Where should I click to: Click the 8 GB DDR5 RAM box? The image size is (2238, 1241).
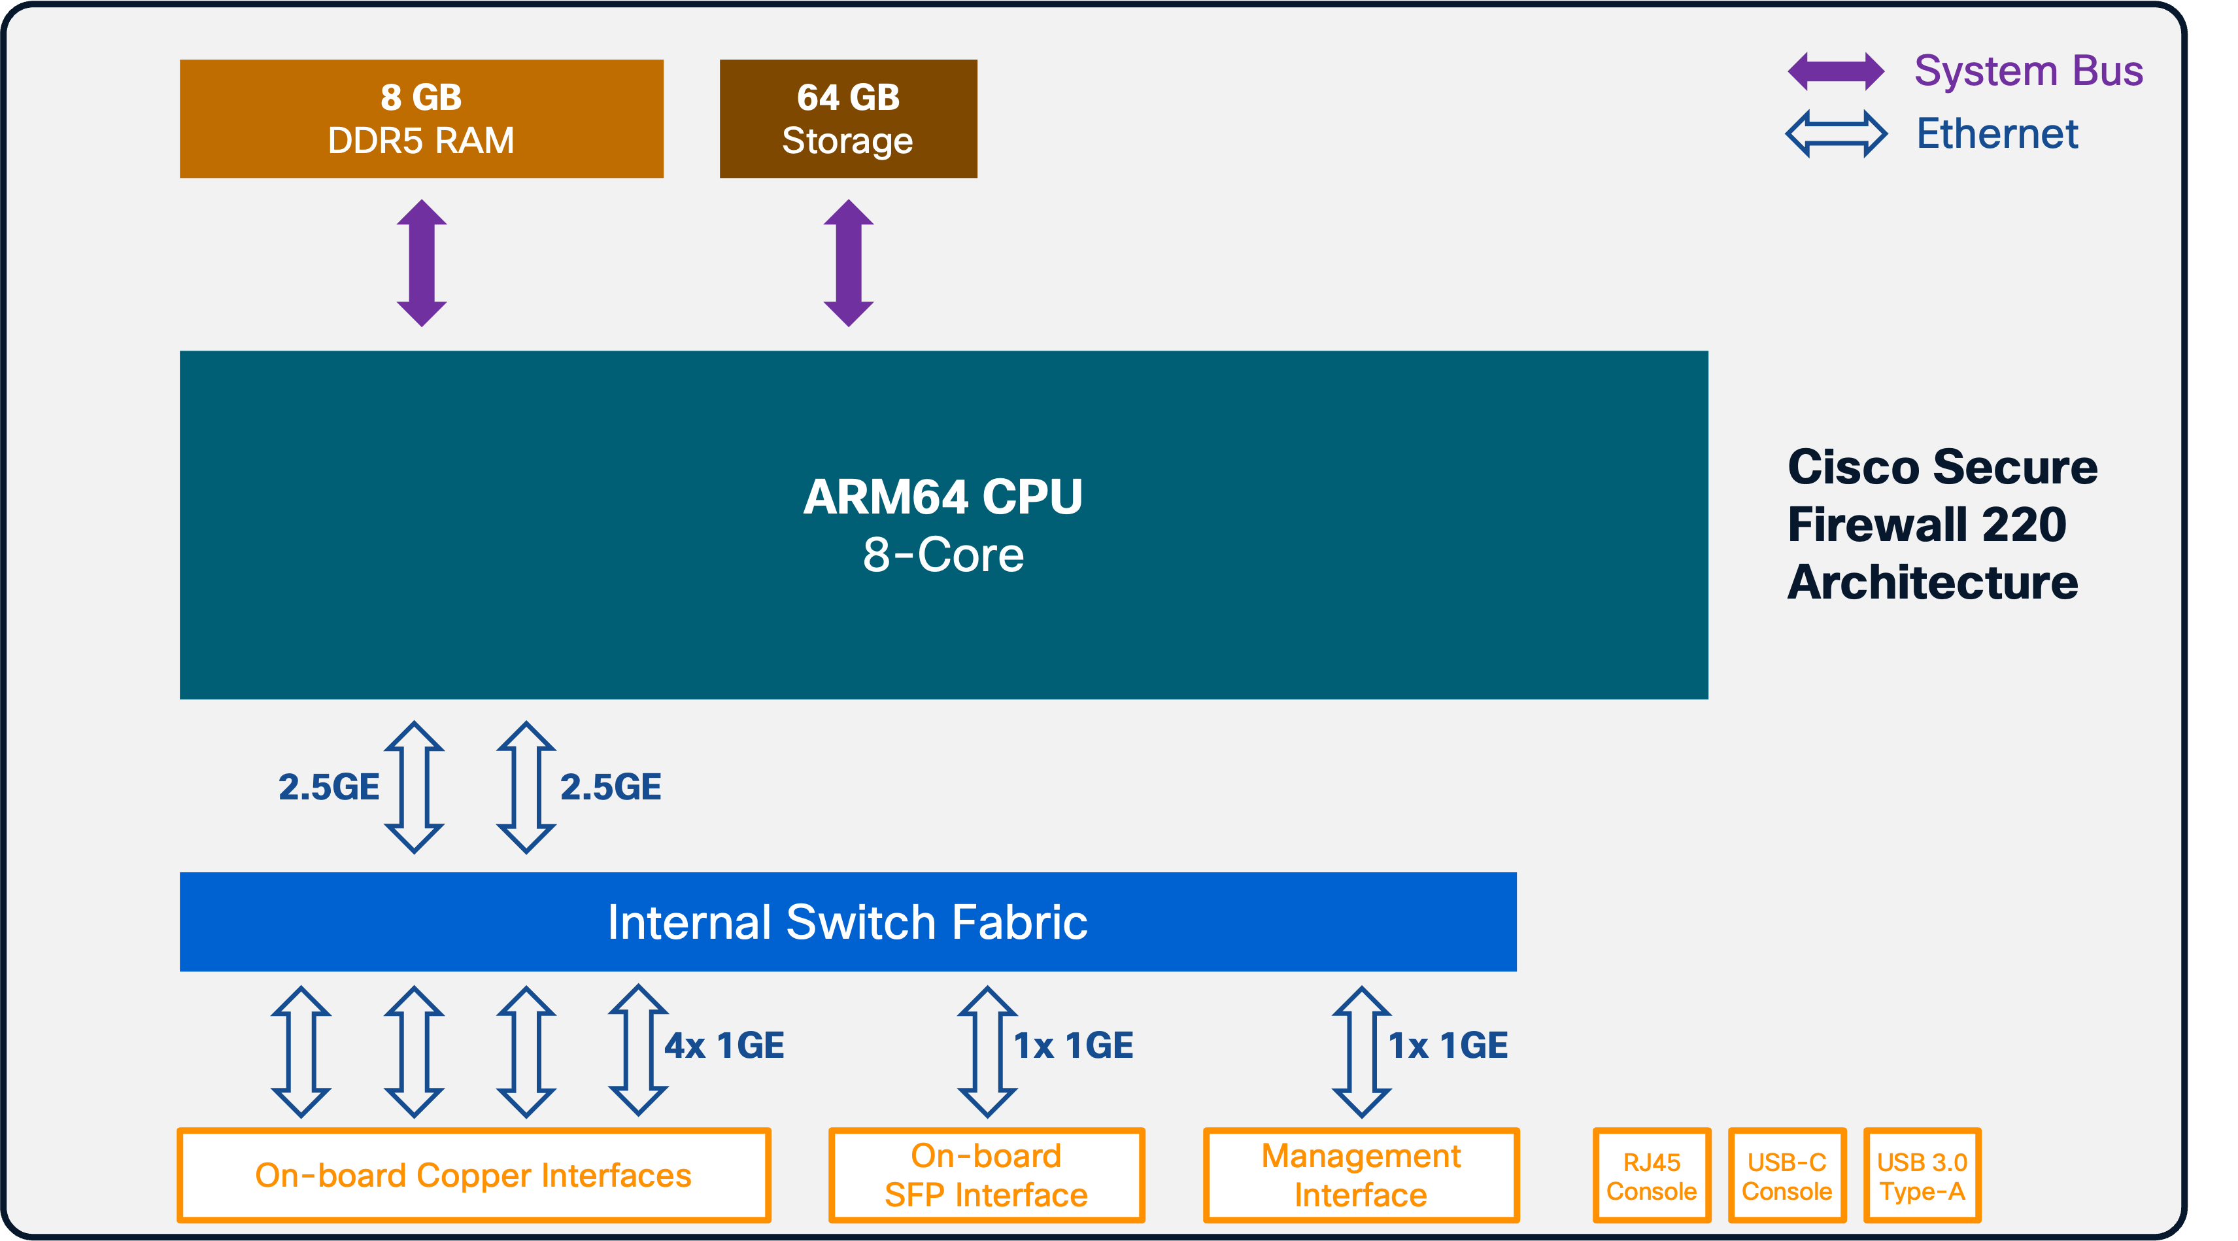click(x=421, y=119)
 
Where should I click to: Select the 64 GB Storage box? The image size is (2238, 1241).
click(x=848, y=119)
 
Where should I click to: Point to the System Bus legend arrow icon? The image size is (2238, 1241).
click(x=1836, y=71)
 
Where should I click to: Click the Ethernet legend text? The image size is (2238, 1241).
click(x=1997, y=134)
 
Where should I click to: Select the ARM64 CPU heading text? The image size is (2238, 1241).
click(x=943, y=497)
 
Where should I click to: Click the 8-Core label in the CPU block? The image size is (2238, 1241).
click(x=943, y=555)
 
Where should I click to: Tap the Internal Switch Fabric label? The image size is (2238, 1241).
click(x=847, y=922)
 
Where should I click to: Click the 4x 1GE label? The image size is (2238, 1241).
click(x=724, y=1045)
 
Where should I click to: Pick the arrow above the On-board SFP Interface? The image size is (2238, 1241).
click(x=987, y=1051)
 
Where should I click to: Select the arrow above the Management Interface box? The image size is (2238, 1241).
click(x=1361, y=1051)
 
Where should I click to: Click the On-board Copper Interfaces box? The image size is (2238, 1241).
click(x=473, y=1175)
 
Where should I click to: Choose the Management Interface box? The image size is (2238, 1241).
click(x=1361, y=1175)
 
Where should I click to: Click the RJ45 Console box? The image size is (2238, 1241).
click(x=1651, y=1176)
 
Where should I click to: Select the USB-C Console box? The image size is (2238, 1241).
click(x=1786, y=1176)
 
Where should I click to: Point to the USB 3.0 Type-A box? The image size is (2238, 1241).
click(x=1922, y=1176)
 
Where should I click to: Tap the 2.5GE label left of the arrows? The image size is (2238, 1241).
click(x=328, y=788)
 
